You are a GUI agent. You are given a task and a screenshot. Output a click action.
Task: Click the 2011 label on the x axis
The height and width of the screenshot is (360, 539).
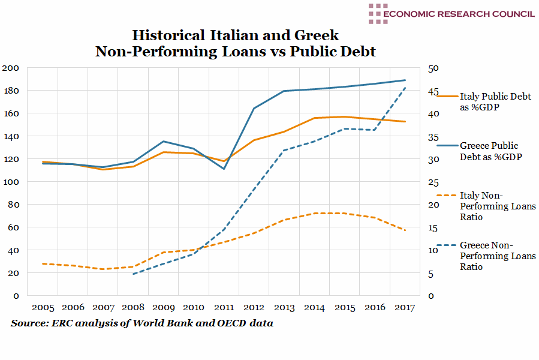(x=224, y=308)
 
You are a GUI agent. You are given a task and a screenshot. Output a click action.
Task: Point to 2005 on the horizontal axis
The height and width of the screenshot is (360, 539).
(x=43, y=308)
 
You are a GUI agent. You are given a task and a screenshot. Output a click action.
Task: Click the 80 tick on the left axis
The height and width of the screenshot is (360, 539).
(x=13, y=205)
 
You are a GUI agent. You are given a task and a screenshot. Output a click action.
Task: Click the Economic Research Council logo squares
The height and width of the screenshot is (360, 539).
(x=377, y=14)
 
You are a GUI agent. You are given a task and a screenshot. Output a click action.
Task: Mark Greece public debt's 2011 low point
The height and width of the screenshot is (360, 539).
(x=224, y=169)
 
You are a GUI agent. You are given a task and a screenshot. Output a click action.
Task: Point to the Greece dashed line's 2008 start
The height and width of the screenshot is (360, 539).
(x=133, y=274)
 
